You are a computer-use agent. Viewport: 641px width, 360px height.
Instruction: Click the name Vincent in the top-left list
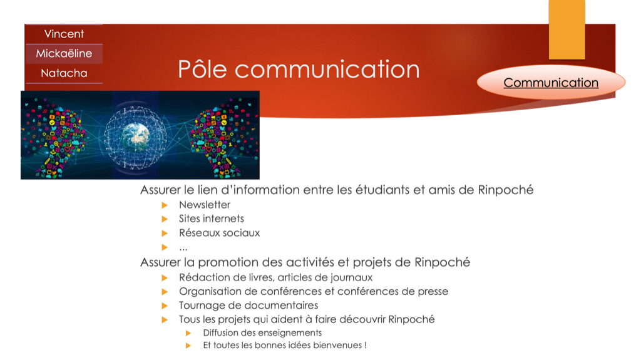(64, 34)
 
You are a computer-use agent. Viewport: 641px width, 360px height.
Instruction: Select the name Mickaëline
(64, 54)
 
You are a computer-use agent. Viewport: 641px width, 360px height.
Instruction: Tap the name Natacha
(64, 73)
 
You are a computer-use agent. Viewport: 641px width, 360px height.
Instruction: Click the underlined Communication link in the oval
(551, 83)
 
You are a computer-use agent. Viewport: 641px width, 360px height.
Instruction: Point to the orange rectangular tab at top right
(567, 29)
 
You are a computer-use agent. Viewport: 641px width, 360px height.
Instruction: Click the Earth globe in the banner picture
(135, 137)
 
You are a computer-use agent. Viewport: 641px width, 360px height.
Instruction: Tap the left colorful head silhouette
(57, 137)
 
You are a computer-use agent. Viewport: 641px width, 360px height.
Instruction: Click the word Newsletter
(205, 205)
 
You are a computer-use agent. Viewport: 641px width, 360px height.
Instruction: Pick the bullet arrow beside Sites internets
(165, 219)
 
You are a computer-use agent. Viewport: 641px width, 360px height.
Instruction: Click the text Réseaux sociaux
(220, 233)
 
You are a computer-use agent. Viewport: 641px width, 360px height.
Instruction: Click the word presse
(433, 292)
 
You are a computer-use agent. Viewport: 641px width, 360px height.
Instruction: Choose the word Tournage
(202, 306)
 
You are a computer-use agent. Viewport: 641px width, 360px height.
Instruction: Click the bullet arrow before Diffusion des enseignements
(188, 333)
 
